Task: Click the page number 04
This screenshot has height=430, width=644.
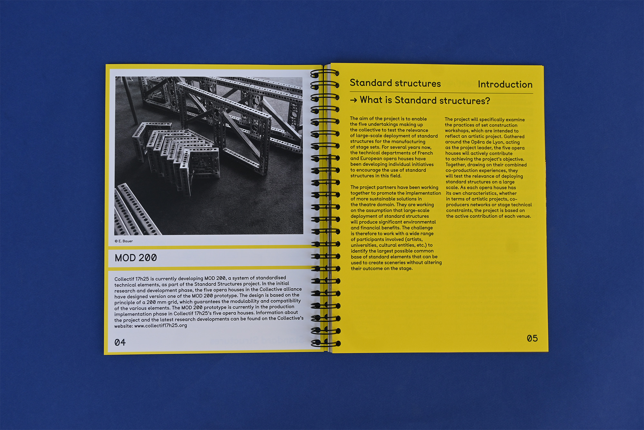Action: pos(120,342)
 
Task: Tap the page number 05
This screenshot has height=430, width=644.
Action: pos(532,338)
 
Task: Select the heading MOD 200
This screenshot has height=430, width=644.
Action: pos(136,258)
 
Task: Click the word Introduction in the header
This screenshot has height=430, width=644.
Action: pos(505,85)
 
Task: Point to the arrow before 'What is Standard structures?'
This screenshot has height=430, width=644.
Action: pos(353,100)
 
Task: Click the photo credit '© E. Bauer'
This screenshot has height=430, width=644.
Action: pos(124,241)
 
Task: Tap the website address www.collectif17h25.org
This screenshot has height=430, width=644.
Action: pos(160,325)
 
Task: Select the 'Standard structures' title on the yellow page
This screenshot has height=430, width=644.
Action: pos(395,83)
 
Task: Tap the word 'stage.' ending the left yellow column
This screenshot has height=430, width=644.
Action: pos(405,269)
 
